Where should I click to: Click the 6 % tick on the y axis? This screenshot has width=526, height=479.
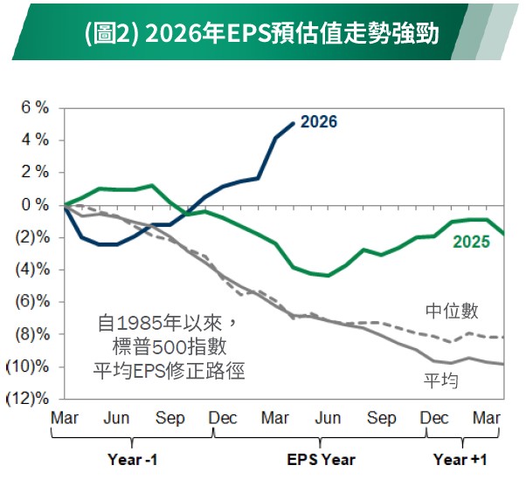pos(34,108)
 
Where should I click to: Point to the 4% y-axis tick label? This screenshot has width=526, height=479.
pos(34,140)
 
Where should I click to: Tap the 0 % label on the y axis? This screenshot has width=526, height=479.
pos(34,205)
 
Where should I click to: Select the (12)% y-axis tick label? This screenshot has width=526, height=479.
pos(28,399)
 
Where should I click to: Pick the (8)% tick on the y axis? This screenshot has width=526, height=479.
pos(30,334)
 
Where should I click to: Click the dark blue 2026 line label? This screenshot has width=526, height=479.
pos(318,122)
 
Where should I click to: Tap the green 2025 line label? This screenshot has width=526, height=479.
pos(470,242)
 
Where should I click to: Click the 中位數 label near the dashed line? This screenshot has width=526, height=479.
pos(452,311)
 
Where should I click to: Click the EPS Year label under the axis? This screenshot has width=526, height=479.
pos(321,458)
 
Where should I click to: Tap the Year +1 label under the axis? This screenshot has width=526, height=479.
pos(460,458)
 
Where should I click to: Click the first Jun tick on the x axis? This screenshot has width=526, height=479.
pos(116,419)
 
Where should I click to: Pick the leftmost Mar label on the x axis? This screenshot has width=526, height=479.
pos(65,419)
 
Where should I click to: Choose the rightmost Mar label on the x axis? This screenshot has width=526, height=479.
pos(486,419)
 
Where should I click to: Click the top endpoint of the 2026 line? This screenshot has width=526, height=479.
pos(294,122)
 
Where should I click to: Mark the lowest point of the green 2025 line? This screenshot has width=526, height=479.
pos(328,275)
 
